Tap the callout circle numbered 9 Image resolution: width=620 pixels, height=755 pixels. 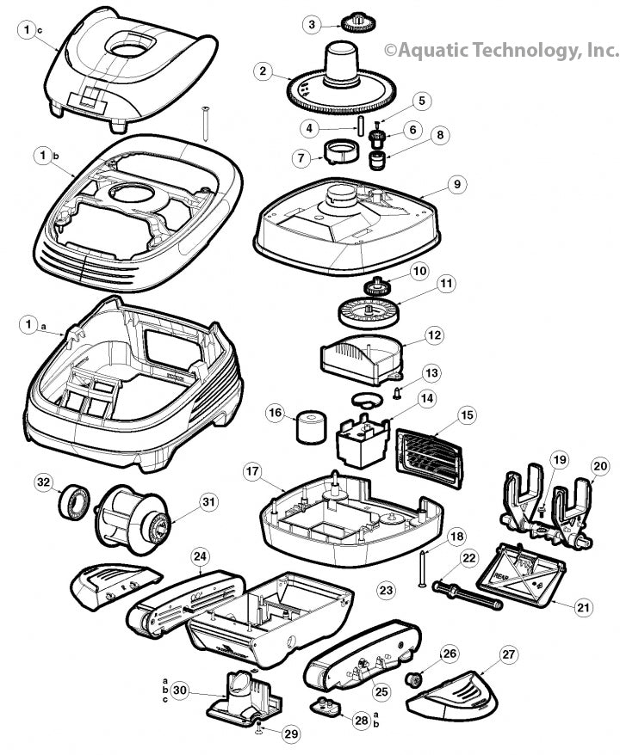click(456, 184)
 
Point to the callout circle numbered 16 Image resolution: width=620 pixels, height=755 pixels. click(276, 414)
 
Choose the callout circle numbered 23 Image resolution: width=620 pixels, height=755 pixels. click(386, 590)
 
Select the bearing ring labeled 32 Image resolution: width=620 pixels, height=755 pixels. click(75, 502)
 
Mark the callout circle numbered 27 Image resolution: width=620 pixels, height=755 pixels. click(509, 654)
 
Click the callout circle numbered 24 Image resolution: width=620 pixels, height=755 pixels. click(199, 556)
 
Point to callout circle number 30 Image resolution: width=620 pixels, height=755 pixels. click(179, 690)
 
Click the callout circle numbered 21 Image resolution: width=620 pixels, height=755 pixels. click(584, 607)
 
